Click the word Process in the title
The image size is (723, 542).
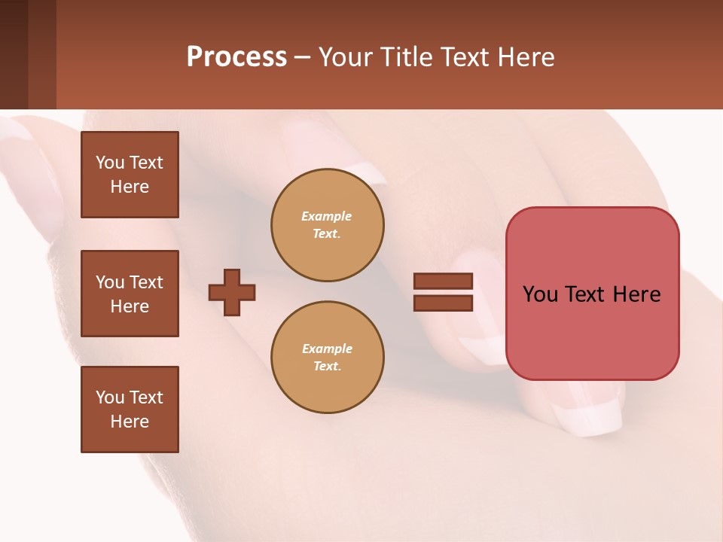(x=236, y=57)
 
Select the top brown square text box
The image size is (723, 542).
(x=130, y=175)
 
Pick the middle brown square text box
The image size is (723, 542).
(x=130, y=294)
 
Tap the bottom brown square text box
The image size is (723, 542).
(x=130, y=410)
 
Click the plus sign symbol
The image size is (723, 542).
(x=232, y=292)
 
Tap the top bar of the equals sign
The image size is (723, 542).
(x=443, y=282)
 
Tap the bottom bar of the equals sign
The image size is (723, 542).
(x=443, y=303)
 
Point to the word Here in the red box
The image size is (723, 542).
(x=636, y=294)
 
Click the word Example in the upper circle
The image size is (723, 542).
(x=326, y=216)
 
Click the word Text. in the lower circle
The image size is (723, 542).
(x=327, y=367)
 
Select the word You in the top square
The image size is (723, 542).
(x=110, y=163)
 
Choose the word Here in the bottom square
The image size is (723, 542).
(x=130, y=422)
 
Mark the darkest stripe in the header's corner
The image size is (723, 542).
(x=14, y=54)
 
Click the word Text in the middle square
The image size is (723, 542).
(x=146, y=282)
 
